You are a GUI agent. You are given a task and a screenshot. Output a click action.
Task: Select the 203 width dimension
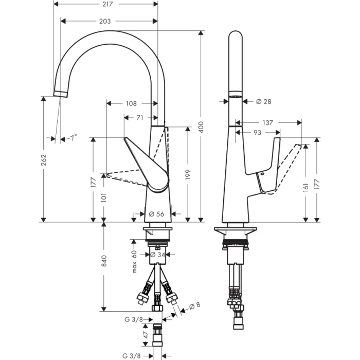click(105, 21)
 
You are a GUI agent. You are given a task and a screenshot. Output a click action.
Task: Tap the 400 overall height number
click(201, 127)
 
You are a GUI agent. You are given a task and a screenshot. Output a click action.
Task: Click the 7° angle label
click(74, 138)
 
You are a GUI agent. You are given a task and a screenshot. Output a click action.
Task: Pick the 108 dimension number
click(131, 103)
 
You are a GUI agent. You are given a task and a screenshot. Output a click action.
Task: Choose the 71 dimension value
click(139, 118)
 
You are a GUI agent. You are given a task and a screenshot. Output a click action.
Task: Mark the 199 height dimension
click(188, 175)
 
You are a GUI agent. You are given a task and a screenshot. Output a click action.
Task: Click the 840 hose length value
click(104, 261)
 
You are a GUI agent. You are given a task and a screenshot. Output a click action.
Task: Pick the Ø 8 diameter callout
click(194, 305)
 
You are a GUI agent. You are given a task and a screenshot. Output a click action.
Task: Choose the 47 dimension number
click(146, 337)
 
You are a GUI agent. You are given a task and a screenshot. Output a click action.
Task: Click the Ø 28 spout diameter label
click(263, 101)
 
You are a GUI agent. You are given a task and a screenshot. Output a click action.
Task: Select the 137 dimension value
click(267, 123)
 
